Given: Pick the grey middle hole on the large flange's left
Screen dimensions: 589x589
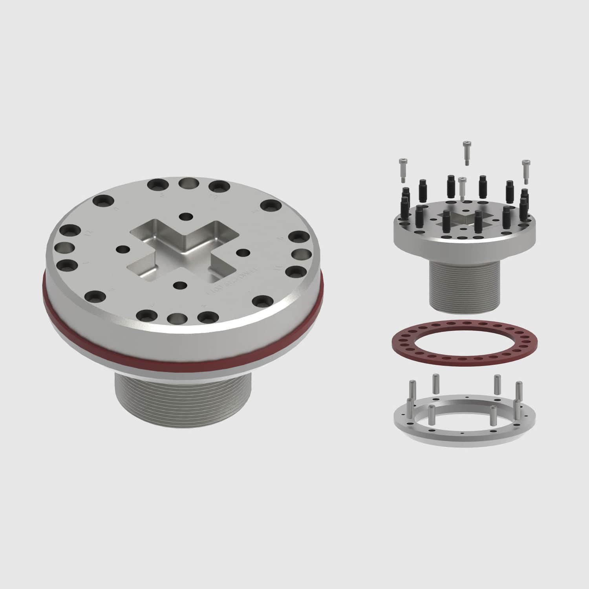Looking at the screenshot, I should [63, 248].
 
